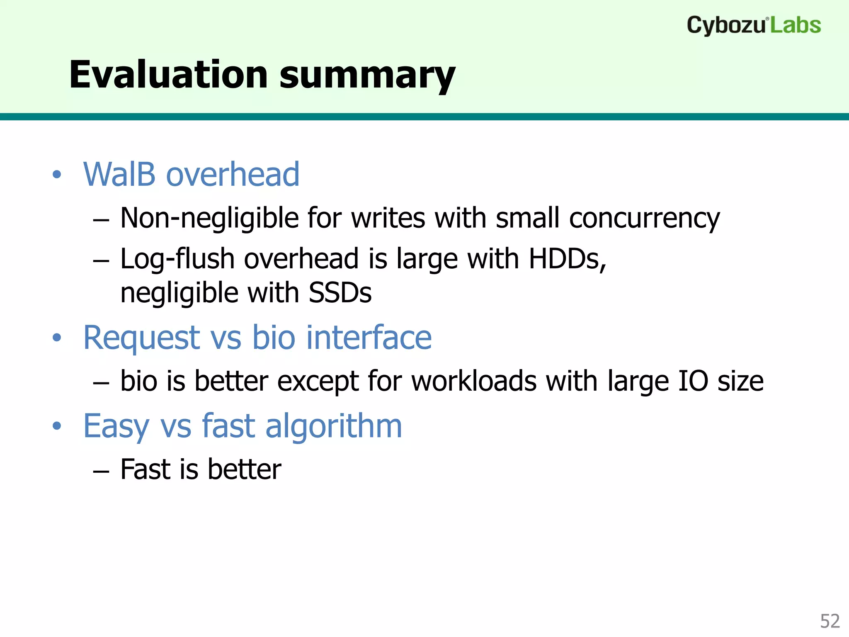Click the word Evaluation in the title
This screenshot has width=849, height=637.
(168, 75)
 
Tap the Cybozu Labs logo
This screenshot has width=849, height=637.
(754, 25)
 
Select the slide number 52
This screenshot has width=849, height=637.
(830, 621)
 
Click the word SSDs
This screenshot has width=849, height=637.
(340, 293)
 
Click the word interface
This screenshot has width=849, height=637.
(369, 338)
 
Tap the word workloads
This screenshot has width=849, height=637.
(474, 381)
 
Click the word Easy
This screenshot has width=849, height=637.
(116, 427)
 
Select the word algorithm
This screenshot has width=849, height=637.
(334, 426)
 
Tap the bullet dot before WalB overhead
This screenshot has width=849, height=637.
(57, 175)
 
